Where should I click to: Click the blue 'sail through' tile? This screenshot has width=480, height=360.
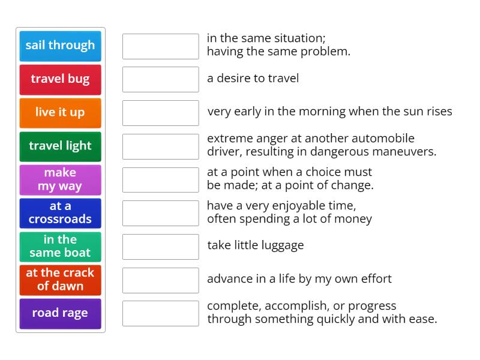60,46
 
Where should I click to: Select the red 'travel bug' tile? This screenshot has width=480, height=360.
60,79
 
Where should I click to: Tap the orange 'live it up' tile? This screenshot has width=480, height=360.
60,113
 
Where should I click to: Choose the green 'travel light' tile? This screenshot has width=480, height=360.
60,146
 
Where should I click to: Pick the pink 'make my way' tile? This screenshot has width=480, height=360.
60,179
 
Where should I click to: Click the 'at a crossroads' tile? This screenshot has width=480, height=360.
60,213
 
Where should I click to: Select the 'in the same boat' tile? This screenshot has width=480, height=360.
60,246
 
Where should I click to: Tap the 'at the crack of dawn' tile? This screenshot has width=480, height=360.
60,280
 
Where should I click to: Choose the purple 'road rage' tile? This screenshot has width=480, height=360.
60,313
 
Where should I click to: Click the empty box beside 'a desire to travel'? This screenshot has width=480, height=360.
160,79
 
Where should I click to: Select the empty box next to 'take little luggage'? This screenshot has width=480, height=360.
160,246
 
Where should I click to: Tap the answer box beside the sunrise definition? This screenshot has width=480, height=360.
160,113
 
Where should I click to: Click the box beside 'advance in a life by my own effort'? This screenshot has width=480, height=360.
160,280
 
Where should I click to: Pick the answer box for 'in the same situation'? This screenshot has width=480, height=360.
160,46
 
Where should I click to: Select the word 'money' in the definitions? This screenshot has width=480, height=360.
355,218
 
